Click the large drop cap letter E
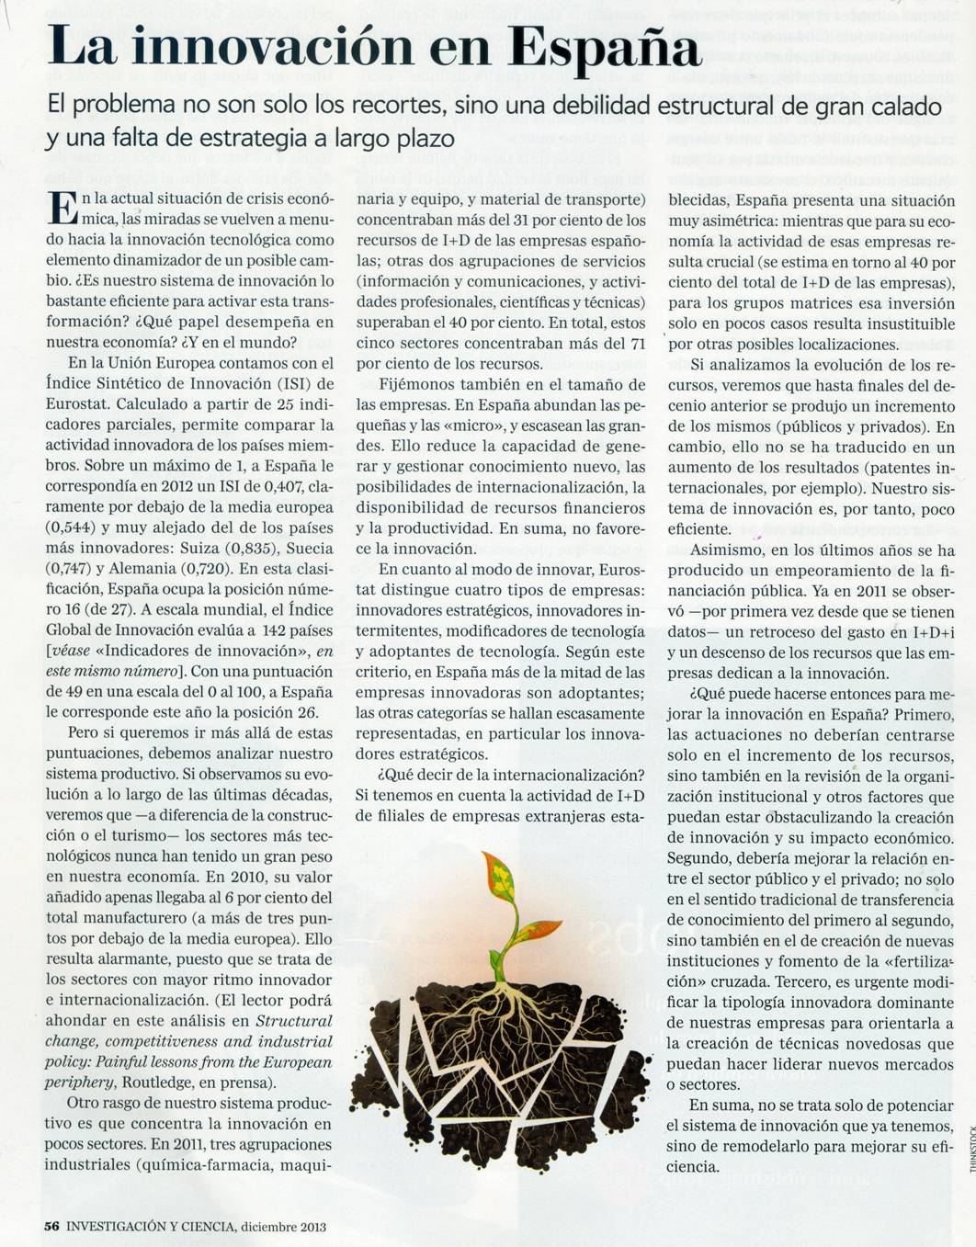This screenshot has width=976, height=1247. tap(62, 208)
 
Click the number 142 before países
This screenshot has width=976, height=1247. tap(277, 630)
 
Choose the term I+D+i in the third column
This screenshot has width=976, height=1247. tap(932, 632)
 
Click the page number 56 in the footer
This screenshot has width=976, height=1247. tap(52, 1226)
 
